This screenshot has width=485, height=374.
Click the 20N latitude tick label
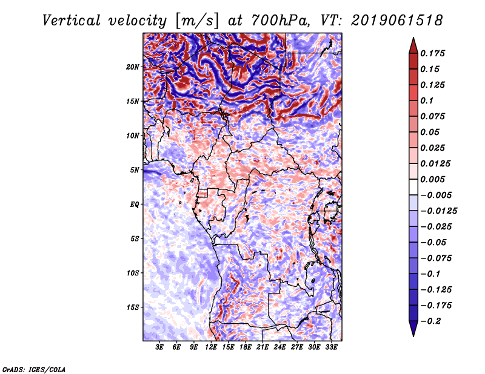133,67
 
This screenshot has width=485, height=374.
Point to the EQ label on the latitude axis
134,204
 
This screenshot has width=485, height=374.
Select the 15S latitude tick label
133,307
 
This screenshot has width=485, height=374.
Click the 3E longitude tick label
160,348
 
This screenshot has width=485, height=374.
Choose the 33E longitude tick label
332,348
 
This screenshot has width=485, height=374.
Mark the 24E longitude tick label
280,348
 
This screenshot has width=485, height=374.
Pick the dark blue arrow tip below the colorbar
413,330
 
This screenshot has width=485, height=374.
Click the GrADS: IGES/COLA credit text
33,369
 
